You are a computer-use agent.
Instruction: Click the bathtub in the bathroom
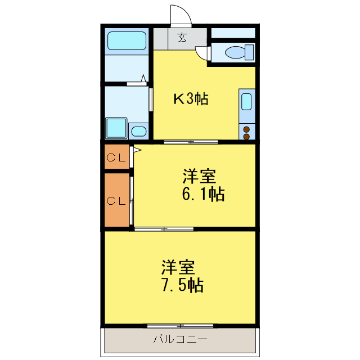coord(127,41)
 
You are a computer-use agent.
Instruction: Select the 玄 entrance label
coord(182,38)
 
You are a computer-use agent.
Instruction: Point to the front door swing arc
coord(181,16)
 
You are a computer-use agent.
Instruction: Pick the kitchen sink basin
coord(246,102)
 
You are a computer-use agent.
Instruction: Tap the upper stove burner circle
coord(246,130)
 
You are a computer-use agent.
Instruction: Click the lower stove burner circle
coord(246,136)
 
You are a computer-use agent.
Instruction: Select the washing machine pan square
coord(116,128)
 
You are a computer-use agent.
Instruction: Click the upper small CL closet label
coord(116,157)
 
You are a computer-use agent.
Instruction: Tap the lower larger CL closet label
coord(116,200)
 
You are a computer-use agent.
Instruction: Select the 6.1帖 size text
coord(202,195)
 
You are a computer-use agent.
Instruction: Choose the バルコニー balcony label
coord(180,339)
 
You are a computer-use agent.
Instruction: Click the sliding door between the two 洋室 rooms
coord(164,229)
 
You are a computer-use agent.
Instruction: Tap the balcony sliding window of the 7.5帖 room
coord(179,326)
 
